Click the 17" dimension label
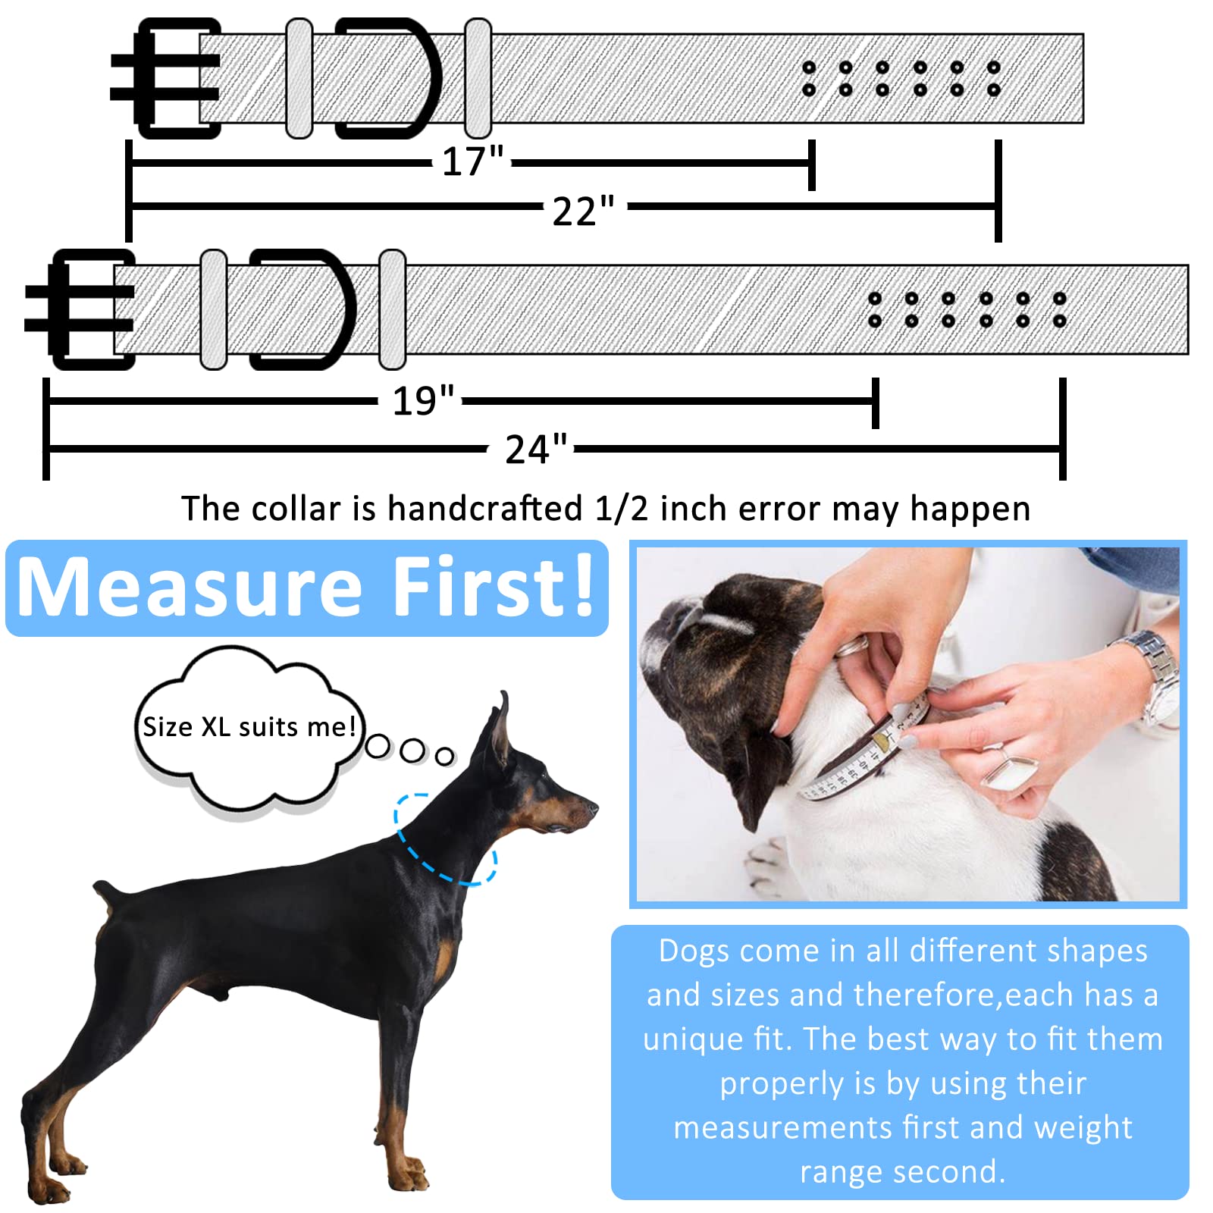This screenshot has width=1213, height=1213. tap(472, 161)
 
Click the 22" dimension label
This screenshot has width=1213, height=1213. tap(583, 211)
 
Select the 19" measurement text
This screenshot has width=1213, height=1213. tap(422, 400)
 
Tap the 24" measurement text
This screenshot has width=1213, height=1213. tap(535, 449)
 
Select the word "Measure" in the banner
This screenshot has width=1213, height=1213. tap(190, 587)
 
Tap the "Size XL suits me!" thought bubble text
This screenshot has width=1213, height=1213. tap(249, 726)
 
